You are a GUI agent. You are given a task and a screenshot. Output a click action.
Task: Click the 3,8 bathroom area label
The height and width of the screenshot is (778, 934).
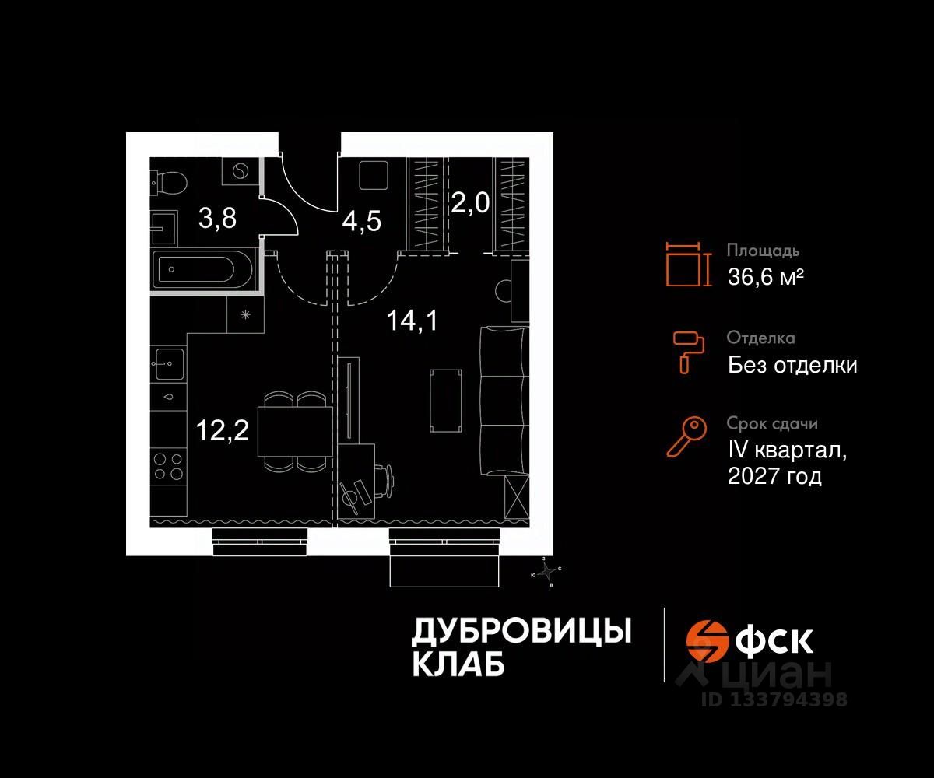click(217, 218)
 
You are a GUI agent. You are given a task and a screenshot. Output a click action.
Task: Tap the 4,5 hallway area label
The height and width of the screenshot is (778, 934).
click(362, 222)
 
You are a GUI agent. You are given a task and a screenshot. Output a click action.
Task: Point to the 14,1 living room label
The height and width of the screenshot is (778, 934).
click(413, 319)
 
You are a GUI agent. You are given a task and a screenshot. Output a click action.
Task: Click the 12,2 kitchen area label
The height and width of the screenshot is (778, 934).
click(223, 429)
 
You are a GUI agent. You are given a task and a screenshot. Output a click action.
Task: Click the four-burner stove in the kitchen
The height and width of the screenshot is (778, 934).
click(168, 465)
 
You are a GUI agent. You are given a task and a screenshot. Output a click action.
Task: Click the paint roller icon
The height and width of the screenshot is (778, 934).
click(689, 350)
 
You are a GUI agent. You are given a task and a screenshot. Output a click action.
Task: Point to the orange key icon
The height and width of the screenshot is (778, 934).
click(687, 436)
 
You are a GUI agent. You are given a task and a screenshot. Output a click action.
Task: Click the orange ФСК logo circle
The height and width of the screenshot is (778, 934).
click(707, 640)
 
